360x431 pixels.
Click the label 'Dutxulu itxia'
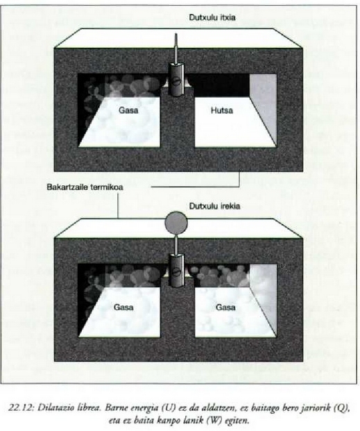(212, 17)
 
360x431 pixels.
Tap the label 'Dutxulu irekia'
(214, 206)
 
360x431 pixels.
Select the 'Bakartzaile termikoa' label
(85, 187)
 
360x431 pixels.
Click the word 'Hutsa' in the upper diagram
(222, 110)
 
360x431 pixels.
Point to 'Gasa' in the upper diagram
(128, 110)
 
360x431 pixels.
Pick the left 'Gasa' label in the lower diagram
(123, 307)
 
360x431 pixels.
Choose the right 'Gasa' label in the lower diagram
(225, 307)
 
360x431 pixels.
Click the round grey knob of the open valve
(176, 223)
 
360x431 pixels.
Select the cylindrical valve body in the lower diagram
(176, 270)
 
